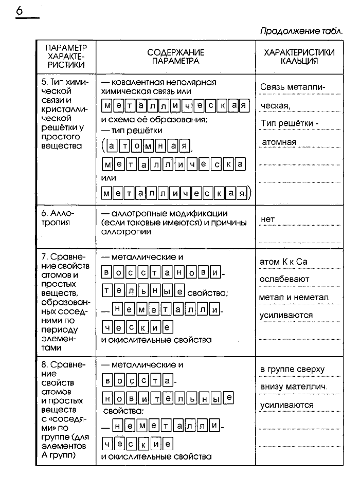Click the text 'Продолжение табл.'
(x=301, y=31)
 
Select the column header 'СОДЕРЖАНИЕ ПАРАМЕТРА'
(x=175, y=57)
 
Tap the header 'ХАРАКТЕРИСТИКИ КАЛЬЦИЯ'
(x=299, y=57)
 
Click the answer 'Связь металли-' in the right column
(x=293, y=87)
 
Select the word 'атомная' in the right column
(x=279, y=142)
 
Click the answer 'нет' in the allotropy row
(x=268, y=219)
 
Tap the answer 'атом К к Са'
(x=284, y=262)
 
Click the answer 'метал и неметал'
(x=294, y=297)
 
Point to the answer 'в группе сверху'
(x=292, y=370)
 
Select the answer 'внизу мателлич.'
(x=294, y=387)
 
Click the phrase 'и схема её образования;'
(x=154, y=120)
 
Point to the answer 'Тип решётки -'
(x=290, y=123)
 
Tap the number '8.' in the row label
(x=45, y=364)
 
